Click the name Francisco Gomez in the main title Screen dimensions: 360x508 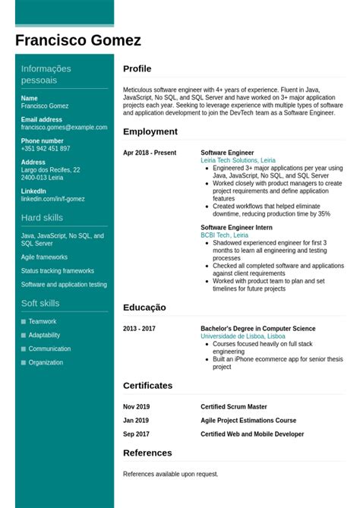point(78,40)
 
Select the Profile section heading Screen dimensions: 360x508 point(137,69)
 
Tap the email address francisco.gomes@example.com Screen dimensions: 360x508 point(64,128)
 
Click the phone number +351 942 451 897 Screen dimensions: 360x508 point(46,149)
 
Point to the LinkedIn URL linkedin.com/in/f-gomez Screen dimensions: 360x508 point(53,199)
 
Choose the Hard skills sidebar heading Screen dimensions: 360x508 point(42,218)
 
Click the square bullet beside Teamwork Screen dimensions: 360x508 point(24,322)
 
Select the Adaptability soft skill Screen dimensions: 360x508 point(44,336)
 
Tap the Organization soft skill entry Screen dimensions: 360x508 point(46,363)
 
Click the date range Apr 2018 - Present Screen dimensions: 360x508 point(150,153)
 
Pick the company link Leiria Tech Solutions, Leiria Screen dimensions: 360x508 point(238,161)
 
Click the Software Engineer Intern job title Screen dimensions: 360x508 point(236,227)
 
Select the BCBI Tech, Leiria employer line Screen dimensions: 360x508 point(224,235)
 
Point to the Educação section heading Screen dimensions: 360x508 point(144,308)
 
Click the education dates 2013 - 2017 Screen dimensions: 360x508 point(139,329)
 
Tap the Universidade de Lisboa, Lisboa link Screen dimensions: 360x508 point(243,336)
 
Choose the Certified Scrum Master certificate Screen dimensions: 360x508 point(234,407)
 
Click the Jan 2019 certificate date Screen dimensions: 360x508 point(136,421)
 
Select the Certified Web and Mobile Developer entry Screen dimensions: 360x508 point(252,434)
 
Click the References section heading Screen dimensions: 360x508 point(147,453)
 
